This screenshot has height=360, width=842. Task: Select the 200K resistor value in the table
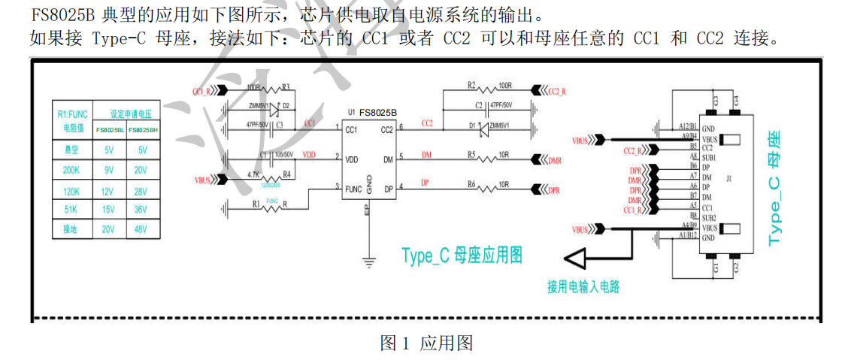point(72,171)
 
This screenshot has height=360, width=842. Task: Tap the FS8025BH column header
point(142,130)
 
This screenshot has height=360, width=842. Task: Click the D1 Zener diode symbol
point(478,128)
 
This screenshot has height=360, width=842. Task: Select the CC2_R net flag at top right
point(549,91)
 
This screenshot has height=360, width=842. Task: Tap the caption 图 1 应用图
point(426,344)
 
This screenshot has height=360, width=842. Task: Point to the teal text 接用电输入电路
point(583,286)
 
